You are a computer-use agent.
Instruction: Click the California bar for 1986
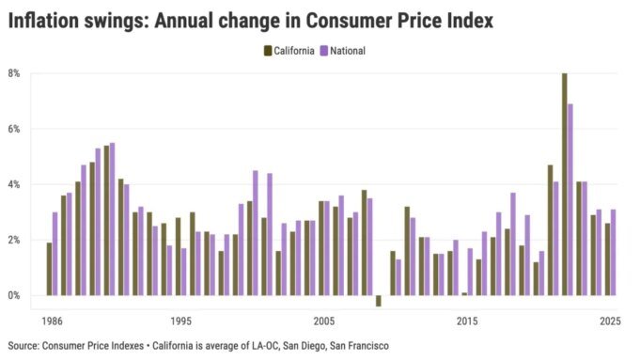(49, 269)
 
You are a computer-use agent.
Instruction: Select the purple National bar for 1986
(55, 254)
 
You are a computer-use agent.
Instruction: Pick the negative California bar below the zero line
(379, 301)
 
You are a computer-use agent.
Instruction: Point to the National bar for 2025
(614, 252)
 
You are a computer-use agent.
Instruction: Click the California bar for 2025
(607, 259)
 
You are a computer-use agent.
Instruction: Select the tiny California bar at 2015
(464, 294)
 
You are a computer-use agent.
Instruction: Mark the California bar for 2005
(321, 248)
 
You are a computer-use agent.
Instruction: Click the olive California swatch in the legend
(269, 51)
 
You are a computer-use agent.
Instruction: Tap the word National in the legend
(345, 51)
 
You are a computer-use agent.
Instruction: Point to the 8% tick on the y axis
(14, 73)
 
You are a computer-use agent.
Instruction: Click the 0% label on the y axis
(14, 296)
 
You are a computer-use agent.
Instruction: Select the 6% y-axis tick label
(14, 129)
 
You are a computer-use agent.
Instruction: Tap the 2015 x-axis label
(467, 321)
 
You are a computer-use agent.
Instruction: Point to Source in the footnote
(23, 346)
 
